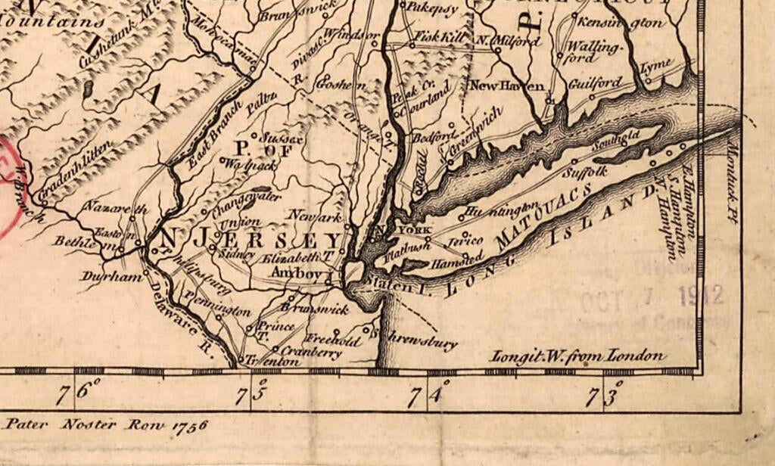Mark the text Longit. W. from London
(578, 356)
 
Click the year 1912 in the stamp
(701, 295)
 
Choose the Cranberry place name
(310, 353)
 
